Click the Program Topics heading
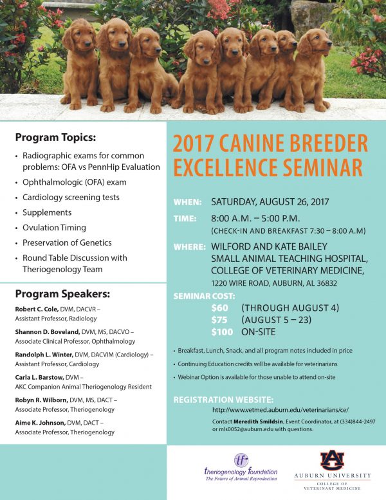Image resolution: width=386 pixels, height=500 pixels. pos(55,138)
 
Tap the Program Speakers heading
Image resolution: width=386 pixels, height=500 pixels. pos(62,294)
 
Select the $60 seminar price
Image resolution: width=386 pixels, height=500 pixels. pos(219,308)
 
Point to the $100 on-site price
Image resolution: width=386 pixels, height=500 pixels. pos(222,332)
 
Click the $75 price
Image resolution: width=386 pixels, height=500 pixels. pos(219,320)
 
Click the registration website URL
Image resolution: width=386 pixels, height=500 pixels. pos(280,410)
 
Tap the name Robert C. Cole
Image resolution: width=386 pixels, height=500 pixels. pos(37,309)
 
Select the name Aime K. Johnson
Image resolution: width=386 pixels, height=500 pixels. pos(40,423)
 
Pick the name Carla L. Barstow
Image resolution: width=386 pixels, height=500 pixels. pos(39,377)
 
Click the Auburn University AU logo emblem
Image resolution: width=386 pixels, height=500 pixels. pos(333,460)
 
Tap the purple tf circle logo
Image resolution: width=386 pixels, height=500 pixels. pos(241,460)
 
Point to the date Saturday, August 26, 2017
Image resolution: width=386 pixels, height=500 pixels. pos(270,202)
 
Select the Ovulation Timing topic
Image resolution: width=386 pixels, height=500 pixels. pos(54,228)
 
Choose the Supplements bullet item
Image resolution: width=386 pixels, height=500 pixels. pos(47,212)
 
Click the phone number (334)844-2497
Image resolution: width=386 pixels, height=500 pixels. pos(358,421)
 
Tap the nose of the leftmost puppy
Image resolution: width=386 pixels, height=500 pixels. pos(87,42)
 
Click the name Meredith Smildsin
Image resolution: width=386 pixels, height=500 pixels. pos(258,421)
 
